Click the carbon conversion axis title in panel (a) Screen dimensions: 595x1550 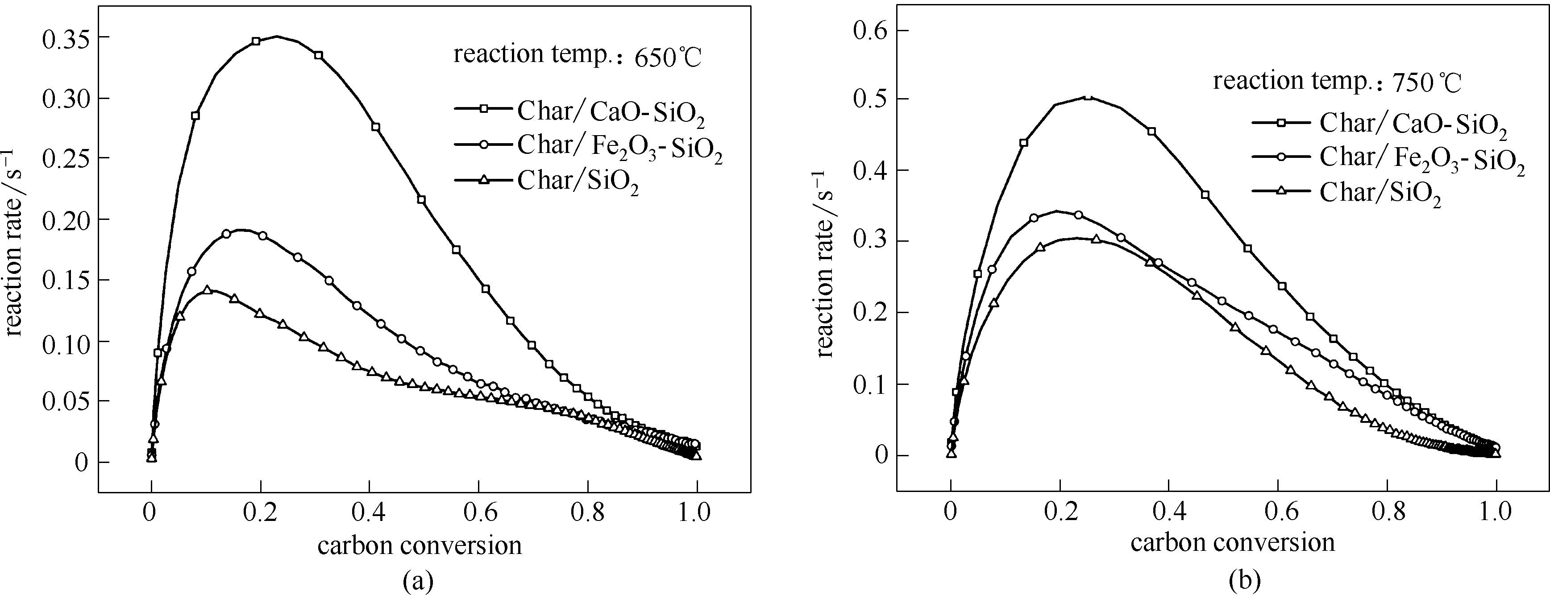pyautogui.click(x=420, y=545)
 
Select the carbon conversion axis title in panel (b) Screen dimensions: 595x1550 pyautogui.click(x=1232, y=542)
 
